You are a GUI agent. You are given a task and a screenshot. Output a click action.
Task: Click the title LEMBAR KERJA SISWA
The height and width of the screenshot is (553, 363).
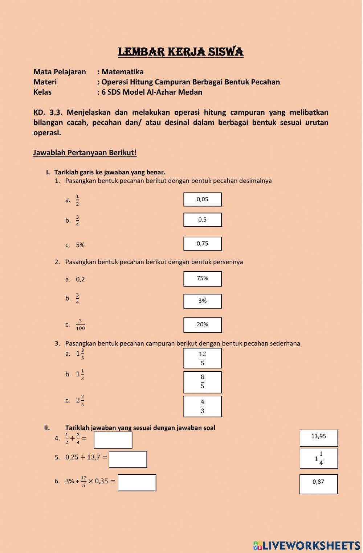(181, 52)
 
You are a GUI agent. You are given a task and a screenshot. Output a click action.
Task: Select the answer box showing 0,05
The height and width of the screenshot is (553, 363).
(203, 199)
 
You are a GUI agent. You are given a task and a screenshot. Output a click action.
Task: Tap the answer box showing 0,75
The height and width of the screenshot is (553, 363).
(203, 244)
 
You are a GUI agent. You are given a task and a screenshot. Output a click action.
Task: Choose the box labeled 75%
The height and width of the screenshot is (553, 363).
(203, 278)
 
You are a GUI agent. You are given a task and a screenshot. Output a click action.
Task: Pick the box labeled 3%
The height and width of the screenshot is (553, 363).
(203, 301)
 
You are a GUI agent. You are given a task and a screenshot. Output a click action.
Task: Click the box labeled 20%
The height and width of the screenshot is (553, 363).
(203, 325)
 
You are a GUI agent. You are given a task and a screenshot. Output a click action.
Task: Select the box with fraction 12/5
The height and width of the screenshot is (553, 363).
(203, 358)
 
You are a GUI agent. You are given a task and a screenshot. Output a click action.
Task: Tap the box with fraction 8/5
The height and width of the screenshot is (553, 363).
(203, 382)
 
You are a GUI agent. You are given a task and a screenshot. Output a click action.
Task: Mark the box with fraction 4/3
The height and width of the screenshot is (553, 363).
(203, 406)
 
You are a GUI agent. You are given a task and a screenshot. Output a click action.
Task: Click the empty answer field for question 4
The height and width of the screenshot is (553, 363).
(113, 440)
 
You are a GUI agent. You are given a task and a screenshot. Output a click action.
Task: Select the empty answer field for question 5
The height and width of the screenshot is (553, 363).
(128, 459)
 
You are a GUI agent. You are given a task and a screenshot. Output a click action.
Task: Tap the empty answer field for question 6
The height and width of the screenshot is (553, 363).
(137, 483)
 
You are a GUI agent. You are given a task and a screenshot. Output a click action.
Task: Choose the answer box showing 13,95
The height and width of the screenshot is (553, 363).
(319, 438)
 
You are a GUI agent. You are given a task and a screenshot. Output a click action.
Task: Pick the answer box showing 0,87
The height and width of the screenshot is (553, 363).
(318, 484)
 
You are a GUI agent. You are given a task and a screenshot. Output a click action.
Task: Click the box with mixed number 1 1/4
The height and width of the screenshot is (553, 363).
(319, 458)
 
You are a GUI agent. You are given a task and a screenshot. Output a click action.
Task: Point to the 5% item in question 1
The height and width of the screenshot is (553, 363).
(80, 245)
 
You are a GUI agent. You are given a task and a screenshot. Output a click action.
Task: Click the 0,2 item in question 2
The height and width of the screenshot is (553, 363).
(80, 279)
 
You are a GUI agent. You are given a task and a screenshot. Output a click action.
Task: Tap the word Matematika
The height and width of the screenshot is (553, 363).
(122, 72)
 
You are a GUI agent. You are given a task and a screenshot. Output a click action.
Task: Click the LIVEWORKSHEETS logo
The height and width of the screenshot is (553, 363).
(307, 546)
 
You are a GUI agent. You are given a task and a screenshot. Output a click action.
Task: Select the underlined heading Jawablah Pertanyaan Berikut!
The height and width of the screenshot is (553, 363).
(85, 153)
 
